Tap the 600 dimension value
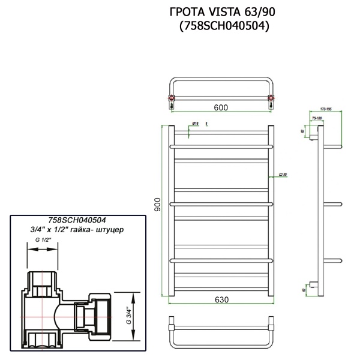pyautogui.click(x=221, y=107)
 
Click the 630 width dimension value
pyautogui.click(x=221, y=300)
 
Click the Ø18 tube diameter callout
pyautogui.click(x=195, y=124)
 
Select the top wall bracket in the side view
pyautogui.click(x=313, y=142)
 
